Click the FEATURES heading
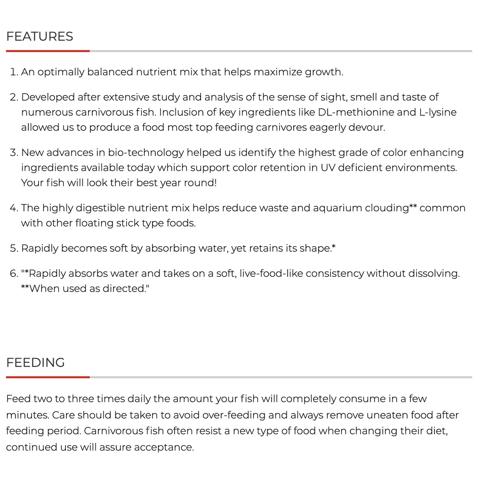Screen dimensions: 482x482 tap(40, 37)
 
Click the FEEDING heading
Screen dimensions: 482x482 tap(35, 363)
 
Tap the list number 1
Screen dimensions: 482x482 tap(14, 72)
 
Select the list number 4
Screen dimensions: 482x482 tap(14, 208)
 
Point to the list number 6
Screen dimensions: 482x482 tap(14, 273)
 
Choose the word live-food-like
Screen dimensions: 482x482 tap(271, 273)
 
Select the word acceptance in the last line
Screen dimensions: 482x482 tap(164, 447)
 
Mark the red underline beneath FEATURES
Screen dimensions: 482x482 tap(48, 51)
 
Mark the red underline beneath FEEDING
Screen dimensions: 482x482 tap(48, 377)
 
